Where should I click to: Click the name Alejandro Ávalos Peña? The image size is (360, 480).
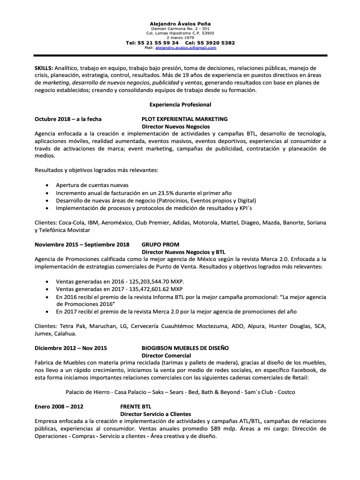point(180,24)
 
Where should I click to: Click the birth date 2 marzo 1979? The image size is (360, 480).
point(180,37)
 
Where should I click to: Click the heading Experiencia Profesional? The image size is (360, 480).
point(180,104)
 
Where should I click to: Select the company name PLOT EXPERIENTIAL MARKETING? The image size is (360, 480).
point(184,119)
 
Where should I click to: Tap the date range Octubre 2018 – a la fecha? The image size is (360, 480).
point(68,119)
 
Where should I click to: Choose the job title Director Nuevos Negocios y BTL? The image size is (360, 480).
point(184,252)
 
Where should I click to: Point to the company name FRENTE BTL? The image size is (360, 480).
point(135,406)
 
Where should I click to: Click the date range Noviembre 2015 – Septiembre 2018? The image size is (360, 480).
point(82,244)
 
